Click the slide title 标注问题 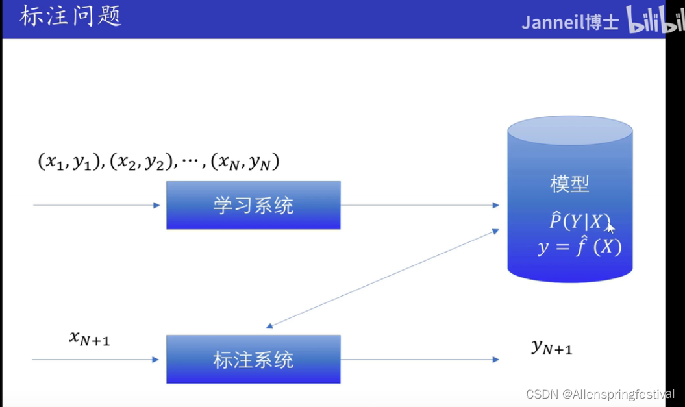[71, 17]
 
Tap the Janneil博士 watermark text [571, 22]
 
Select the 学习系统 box [253, 205]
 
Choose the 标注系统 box [253, 359]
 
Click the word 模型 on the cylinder [569, 184]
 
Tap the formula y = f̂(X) [579, 247]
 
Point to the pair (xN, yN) [245, 162]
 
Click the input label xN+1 [90, 338]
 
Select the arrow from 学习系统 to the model [419, 205]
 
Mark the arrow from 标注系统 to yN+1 [419, 359]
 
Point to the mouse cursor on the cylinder [610, 228]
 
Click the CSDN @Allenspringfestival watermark [600, 394]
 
